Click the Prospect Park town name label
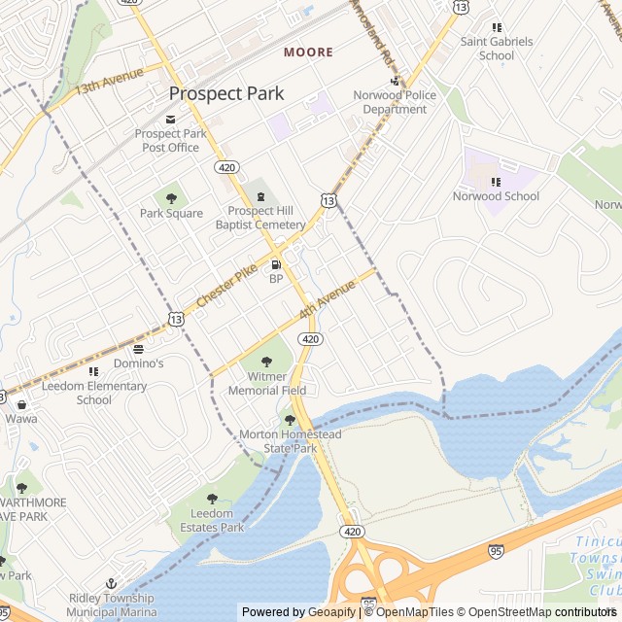226,93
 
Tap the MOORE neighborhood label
308,52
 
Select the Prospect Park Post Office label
171,141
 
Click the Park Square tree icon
171,197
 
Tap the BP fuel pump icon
276,263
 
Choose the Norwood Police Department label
395,102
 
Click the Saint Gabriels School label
497,49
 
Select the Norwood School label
496,196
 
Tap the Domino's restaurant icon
138,348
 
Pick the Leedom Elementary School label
94,393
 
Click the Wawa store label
21,418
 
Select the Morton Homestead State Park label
291,441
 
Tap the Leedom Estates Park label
212,520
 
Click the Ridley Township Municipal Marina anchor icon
112,581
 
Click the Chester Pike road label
226,286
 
